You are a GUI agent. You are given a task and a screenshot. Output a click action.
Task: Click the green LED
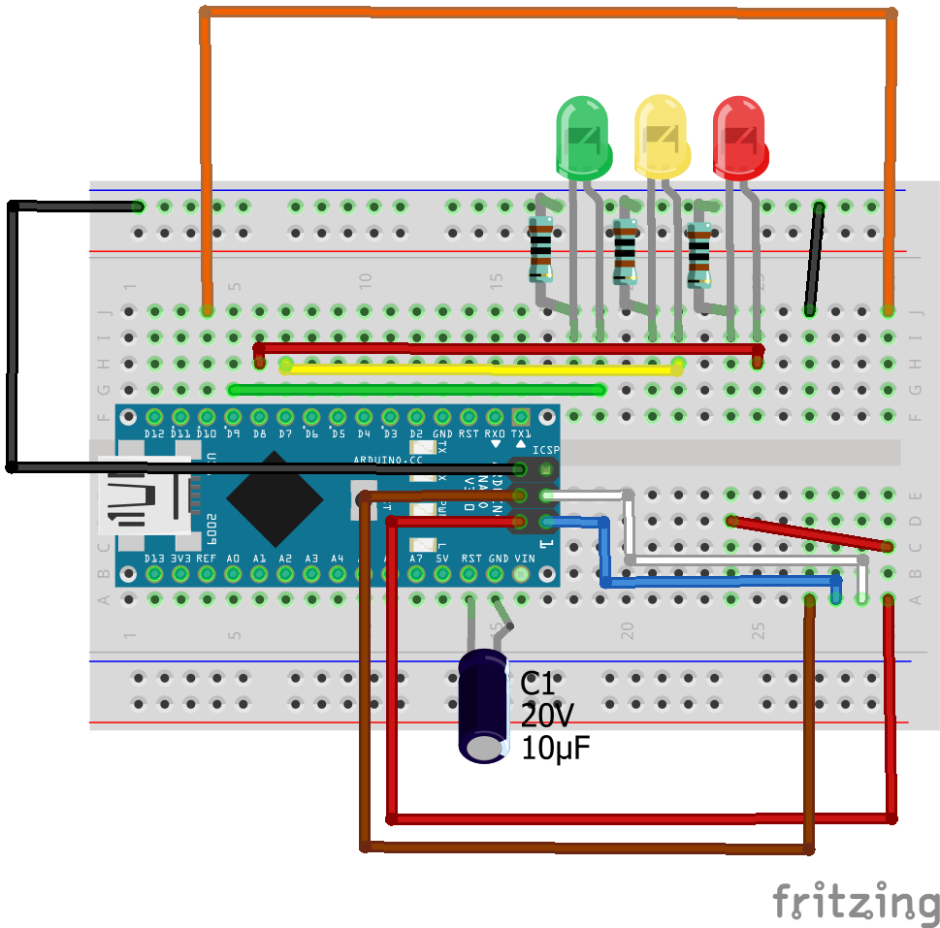583,136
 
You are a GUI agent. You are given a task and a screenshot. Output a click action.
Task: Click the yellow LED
661,136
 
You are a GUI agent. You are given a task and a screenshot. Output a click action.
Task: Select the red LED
739,136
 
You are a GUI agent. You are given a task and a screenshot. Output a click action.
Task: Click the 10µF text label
556,749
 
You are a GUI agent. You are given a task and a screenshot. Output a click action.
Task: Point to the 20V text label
547,717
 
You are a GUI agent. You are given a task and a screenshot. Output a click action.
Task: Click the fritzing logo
856,903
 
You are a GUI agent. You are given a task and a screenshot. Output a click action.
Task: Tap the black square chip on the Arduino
275,499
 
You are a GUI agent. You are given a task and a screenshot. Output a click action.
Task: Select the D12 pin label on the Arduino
153,433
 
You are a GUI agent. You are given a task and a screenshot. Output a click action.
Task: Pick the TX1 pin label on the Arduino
521,433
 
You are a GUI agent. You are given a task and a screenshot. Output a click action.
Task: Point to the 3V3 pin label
179,560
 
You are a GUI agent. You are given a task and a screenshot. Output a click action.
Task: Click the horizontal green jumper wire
417,390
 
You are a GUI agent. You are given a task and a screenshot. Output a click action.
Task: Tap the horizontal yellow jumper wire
480,368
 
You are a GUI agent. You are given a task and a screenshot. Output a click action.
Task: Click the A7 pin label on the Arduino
416,560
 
